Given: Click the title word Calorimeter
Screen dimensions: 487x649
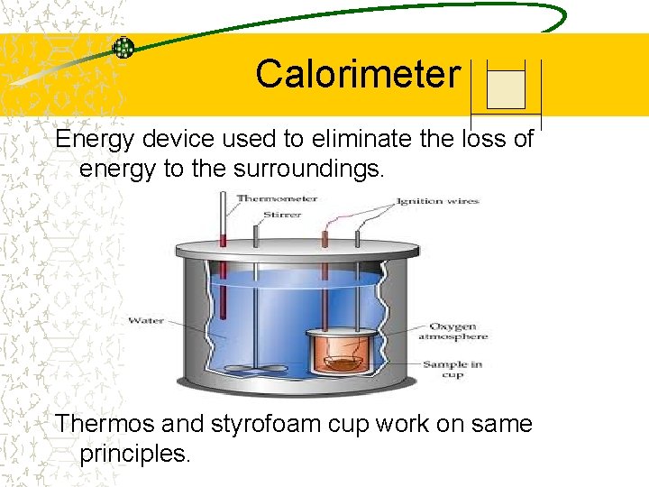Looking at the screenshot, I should pos(358,74).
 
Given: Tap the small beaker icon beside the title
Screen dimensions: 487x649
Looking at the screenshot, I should pos(505,88).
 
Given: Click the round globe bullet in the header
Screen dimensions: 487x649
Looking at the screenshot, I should pos(123,49).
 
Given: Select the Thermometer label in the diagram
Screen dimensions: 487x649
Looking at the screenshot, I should pos(277,198).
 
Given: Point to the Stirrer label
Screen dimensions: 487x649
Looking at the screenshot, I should pos(282,215).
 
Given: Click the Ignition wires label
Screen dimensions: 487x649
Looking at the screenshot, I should pos(438,201).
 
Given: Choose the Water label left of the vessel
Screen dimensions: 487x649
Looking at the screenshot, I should pos(146,320).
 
